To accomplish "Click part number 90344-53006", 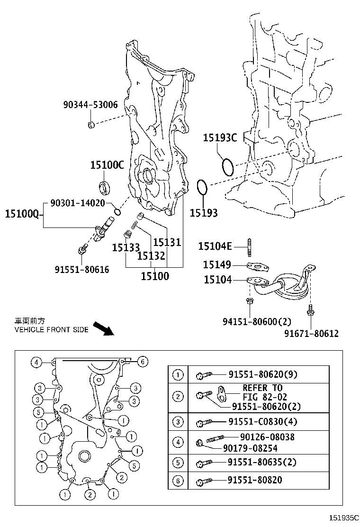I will coord(90,105).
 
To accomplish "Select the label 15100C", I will coord(107,165).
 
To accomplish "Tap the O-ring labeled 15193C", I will coord(227,166).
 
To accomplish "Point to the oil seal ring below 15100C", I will coord(105,186).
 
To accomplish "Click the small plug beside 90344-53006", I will coord(90,125).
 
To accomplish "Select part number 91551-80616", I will coord(82,269).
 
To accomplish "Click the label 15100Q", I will coord(22,214).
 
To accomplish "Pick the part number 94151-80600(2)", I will coord(257,322).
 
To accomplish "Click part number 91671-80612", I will coord(311,333).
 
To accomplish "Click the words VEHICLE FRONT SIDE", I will coord(51,329).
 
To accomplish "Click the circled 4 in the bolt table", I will coord(178,442).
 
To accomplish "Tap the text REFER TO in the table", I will coord(262,388).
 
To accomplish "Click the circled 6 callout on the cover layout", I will coord(143,362).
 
